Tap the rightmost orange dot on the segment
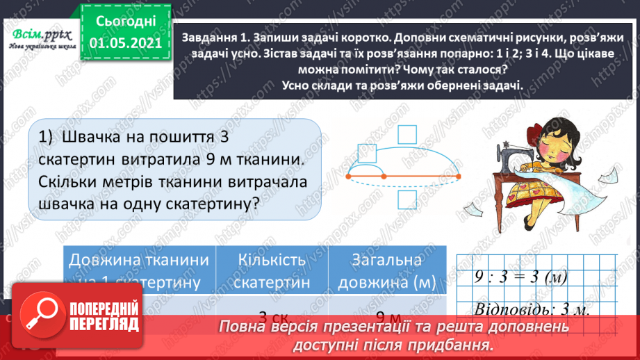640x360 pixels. [459, 177]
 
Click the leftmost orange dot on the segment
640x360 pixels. [348, 177]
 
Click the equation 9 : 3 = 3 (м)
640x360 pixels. [513, 276]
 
